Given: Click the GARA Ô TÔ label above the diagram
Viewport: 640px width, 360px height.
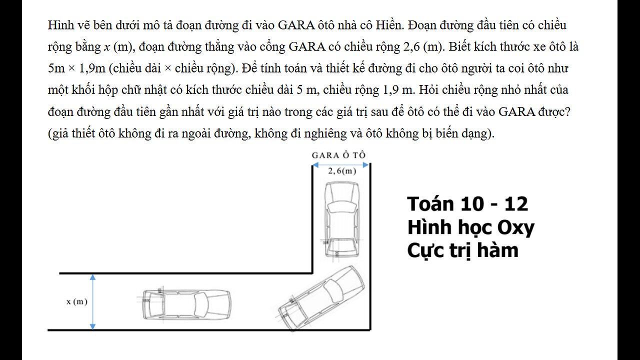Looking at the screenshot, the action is pyautogui.click(x=338, y=155).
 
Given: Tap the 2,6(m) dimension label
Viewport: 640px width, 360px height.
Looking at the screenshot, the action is pyautogui.click(x=342, y=171).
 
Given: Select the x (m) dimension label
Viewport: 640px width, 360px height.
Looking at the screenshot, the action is pyautogui.click(x=77, y=301).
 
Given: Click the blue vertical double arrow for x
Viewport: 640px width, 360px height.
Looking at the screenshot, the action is pyautogui.click(x=92, y=302).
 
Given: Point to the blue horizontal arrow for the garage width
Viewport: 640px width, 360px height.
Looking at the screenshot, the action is pyautogui.click(x=340, y=165).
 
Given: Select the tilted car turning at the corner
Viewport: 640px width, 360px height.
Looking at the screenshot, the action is pyautogui.click(x=321, y=297).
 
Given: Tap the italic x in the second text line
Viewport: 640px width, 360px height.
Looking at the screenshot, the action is pyautogui.click(x=106, y=47).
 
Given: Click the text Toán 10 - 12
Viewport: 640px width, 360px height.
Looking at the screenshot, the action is pyautogui.click(x=467, y=204).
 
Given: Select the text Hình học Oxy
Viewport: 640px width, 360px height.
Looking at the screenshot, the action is pyautogui.click(x=471, y=227).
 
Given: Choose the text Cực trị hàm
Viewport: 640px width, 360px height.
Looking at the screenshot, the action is pyautogui.click(x=463, y=251).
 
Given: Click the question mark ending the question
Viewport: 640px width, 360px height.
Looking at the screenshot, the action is pyautogui.click(x=567, y=111).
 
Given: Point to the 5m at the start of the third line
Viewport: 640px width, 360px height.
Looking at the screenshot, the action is pyautogui.click(x=56, y=68).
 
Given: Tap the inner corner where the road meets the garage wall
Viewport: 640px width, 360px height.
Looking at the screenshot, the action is pyautogui.click(x=312, y=273).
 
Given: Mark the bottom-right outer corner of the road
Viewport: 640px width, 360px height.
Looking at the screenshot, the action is pyautogui.click(x=370, y=330).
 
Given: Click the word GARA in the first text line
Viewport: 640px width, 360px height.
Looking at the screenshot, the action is pyautogui.click(x=296, y=25).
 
